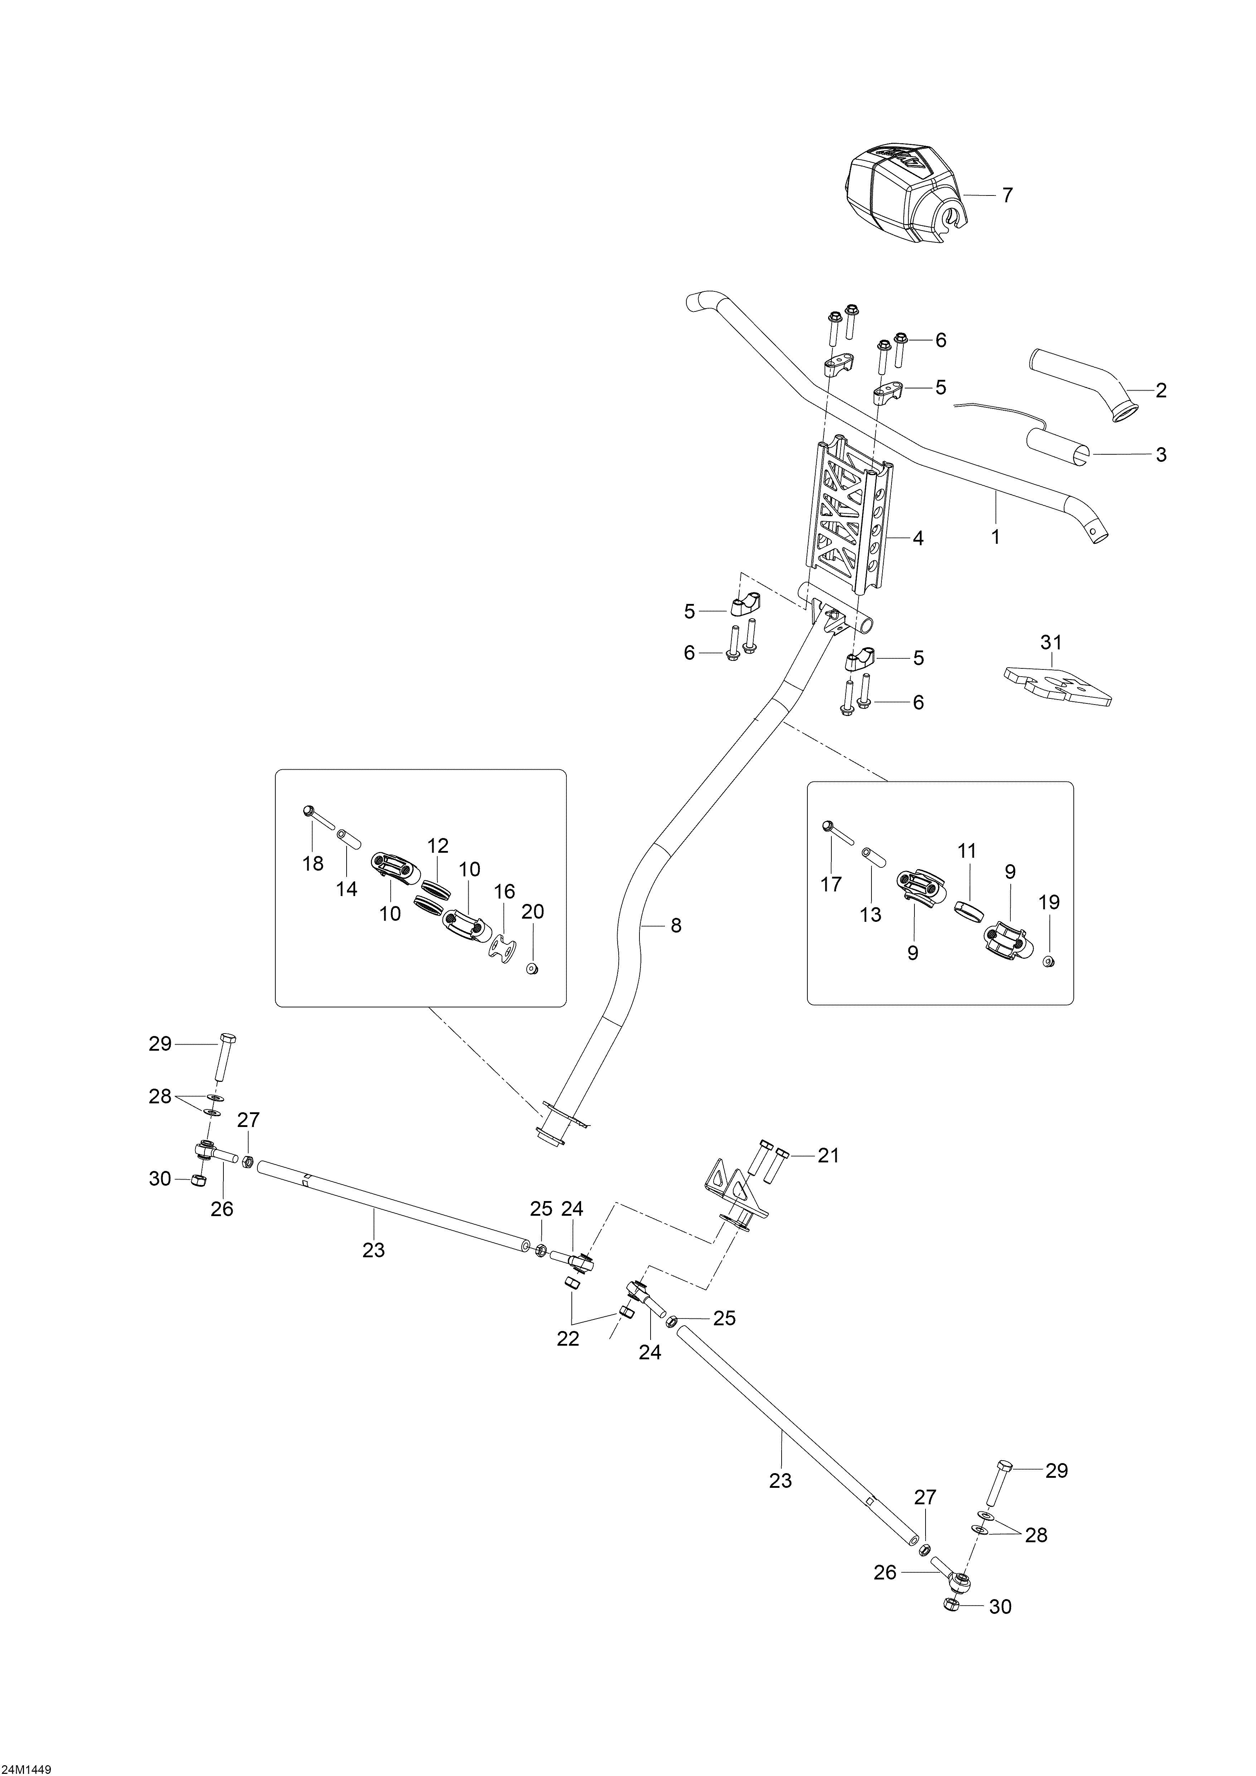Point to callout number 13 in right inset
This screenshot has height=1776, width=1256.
coord(871,914)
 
